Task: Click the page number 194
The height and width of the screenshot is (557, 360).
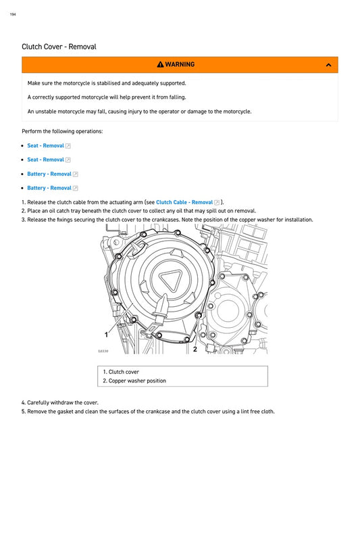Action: point(13,14)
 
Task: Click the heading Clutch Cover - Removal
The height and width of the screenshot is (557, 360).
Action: point(59,47)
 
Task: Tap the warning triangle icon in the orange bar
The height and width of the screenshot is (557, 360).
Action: point(160,65)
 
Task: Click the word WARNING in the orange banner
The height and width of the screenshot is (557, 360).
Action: point(180,65)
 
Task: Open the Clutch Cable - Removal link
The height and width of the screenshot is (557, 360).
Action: point(184,202)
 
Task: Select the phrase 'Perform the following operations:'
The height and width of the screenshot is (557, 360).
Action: point(62,131)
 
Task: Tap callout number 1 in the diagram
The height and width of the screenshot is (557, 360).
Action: point(106,335)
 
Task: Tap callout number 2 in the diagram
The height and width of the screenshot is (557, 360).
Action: point(195,349)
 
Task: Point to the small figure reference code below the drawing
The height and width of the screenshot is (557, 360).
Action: point(103,352)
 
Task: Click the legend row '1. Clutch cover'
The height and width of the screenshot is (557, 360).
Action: point(121,372)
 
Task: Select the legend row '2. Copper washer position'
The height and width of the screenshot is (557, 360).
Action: point(134,381)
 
